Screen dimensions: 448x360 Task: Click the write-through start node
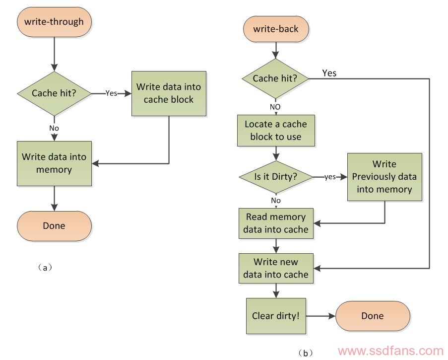pyautogui.click(x=54, y=22)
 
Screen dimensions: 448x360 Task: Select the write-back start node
pyautogui.click(x=276, y=29)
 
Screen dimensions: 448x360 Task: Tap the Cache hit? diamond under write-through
pyautogui.click(x=54, y=93)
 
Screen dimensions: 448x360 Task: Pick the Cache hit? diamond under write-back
pyautogui.click(x=275, y=78)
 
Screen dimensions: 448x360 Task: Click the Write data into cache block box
pyautogui.click(x=169, y=93)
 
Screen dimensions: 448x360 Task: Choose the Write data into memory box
pyautogui.click(x=54, y=163)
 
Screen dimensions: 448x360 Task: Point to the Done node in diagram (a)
pyautogui.click(x=54, y=226)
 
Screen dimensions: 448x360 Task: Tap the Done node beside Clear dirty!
pyautogui.click(x=373, y=316)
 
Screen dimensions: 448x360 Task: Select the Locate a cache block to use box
pyautogui.click(x=276, y=131)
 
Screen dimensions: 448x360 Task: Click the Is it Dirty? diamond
pyautogui.click(x=276, y=177)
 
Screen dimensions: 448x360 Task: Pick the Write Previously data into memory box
pyautogui.click(x=384, y=177)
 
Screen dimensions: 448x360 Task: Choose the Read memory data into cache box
pyautogui.click(x=276, y=223)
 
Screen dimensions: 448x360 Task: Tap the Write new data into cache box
pyautogui.click(x=276, y=268)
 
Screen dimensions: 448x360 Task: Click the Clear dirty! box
pyautogui.click(x=276, y=316)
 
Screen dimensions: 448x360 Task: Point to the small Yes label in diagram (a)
pyautogui.click(x=111, y=93)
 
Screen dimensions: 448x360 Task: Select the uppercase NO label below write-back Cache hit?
pyautogui.click(x=275, y=107)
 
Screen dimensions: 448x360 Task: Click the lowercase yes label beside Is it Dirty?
pyautogui.click(x=330, y=177)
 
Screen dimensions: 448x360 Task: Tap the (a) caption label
pyautogui.click(x=45, y=268)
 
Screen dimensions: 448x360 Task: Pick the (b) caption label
pyautogui.click(x=305, y=353)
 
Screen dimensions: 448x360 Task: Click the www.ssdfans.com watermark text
pyautogui.click(x=390, y=351)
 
